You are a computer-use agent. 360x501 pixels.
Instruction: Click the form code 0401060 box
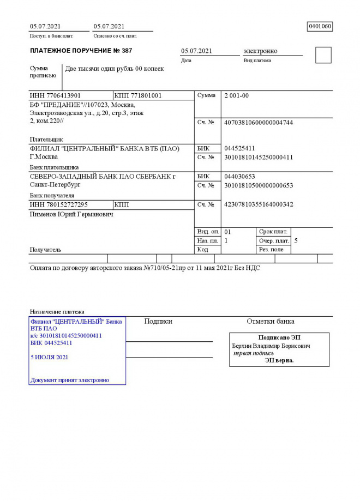tap(320, 26)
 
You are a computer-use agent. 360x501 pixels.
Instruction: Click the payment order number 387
tap(127, 51)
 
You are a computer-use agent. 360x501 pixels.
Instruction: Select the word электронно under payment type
tap(260, 51)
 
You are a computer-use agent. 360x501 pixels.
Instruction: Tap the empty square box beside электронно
tap(323, 55)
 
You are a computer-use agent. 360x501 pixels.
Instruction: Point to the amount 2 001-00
tap(237, 96)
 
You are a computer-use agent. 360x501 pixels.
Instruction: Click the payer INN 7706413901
tap(55, 96)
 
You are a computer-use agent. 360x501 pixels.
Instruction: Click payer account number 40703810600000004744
tap(259, 123)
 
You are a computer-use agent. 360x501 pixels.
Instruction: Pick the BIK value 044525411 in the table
tap(239, 148)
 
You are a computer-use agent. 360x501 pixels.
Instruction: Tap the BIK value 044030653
tap(239, 177)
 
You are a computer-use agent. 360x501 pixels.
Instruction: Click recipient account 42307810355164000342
tap(259, 204)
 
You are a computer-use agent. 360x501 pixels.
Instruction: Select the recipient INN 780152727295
tap(58, 204)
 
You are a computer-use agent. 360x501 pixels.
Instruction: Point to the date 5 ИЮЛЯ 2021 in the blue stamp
tap(50, 358)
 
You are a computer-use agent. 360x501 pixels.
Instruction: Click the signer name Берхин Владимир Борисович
tap(271, 346)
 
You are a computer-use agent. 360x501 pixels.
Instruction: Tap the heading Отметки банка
tap(271, 322)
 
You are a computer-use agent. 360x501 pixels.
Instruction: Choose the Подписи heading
tap(158, 322)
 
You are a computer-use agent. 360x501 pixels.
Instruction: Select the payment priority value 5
tap(296, 240)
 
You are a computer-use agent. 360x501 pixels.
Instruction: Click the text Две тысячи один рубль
tap(99, 69)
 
